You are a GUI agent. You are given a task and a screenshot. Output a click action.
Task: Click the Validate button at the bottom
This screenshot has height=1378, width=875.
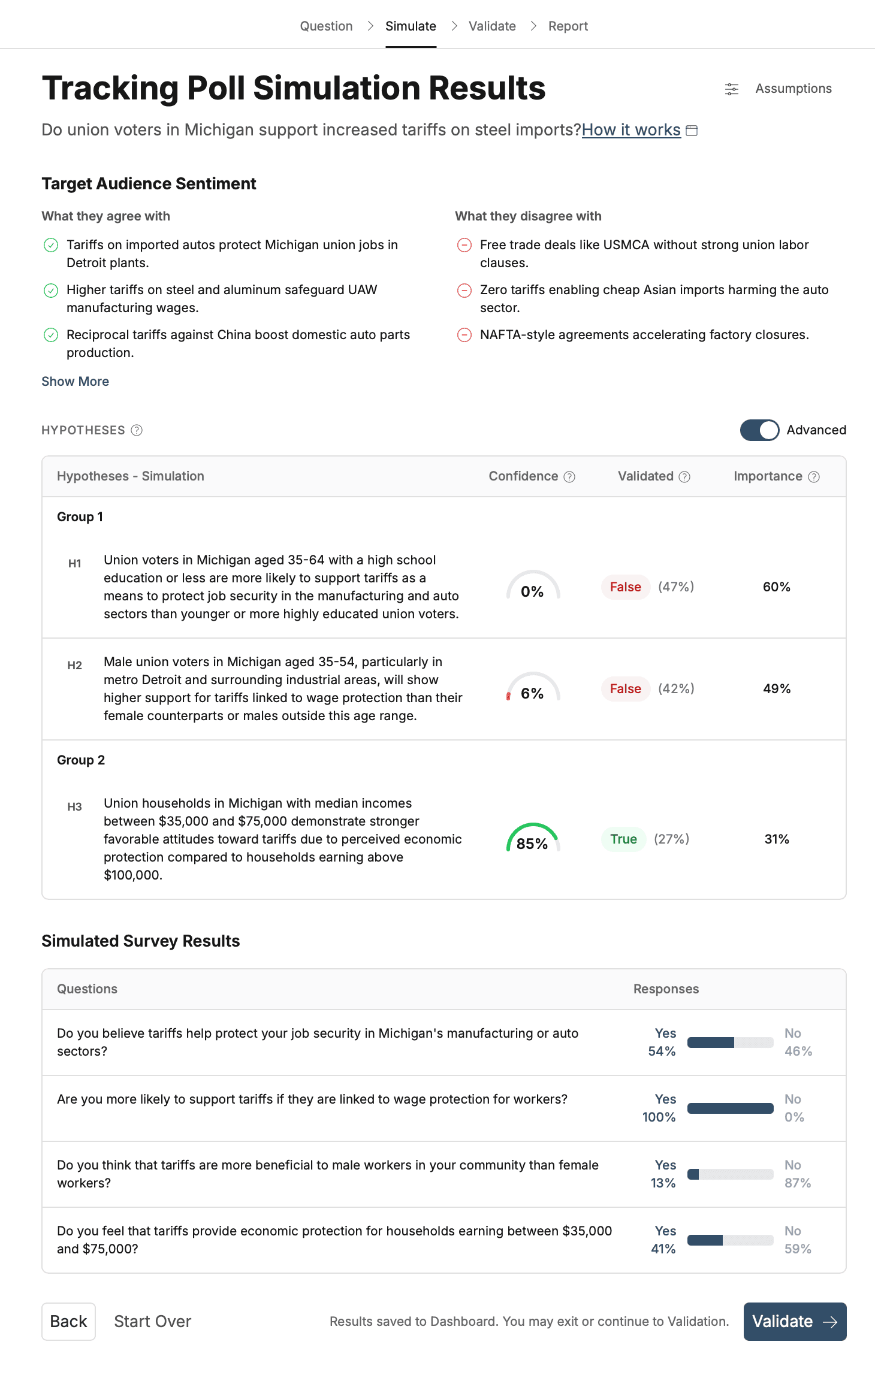[794, 1321]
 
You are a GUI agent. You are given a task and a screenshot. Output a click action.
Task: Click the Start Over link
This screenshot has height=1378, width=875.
[152, 1321]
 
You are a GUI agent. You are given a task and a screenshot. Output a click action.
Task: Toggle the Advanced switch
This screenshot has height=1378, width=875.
[759, 430]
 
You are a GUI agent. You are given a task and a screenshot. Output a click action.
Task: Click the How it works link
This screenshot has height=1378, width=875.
[631, 130]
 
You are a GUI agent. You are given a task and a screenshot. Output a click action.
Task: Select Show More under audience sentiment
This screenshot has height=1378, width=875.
[75, 382]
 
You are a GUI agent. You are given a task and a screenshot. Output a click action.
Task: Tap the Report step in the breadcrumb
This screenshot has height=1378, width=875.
[568, 26]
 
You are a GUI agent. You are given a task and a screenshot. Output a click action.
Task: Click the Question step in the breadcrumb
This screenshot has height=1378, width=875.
[326, 26]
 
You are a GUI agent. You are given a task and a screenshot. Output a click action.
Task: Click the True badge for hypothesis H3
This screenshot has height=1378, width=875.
[623, 839]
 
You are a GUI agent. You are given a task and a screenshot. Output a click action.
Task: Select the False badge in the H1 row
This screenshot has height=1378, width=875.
[625, 587]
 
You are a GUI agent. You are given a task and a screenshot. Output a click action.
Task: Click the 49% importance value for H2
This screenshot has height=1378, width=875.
[777, 689]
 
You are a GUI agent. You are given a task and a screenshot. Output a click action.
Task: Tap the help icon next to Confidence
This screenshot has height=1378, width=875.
[570, 477]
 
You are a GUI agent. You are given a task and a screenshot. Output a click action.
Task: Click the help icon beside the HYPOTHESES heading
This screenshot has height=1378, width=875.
[137, 430]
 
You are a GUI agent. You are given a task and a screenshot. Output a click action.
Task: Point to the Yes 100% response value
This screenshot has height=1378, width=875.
[659, 1108]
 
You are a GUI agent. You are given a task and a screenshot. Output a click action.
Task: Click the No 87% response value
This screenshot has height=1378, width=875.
[797, 1174]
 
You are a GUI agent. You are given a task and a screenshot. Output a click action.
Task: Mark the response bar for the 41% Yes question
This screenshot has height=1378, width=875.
[730, 1240]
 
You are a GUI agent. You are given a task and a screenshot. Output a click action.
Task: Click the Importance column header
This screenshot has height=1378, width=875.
[768, 476]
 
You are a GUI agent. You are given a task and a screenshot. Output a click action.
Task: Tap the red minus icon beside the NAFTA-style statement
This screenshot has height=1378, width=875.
[464, 335]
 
